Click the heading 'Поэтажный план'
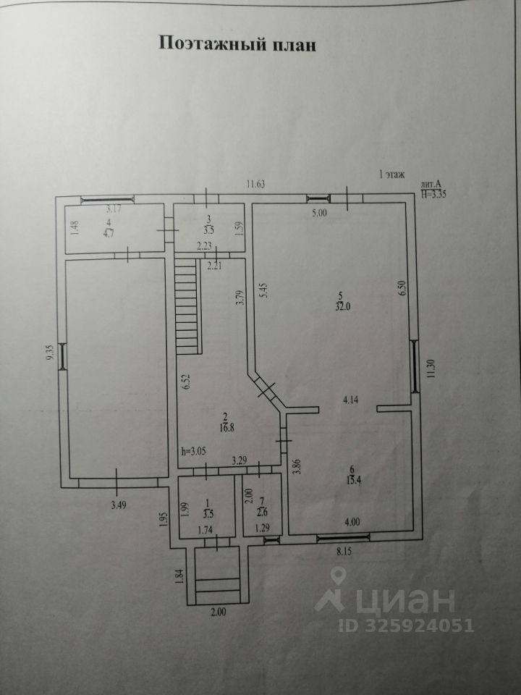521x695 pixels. pyautogui.click(x=237, y=44)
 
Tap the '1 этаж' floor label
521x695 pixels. pyautogui.click(x=392, y=174)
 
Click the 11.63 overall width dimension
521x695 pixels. pyautogui.click(x=254, y=185)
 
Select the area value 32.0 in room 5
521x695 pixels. pyautogui.click(x=341, y=305)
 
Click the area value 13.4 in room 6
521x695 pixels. pyautogui.click(x=352, y=484)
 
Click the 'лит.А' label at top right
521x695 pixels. pyautogui.click(x=431, y=185)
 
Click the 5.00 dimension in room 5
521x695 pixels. pyautogui.click(x=320, y=214)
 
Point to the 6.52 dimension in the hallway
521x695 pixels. pyautogui.click(x=186, y=382)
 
